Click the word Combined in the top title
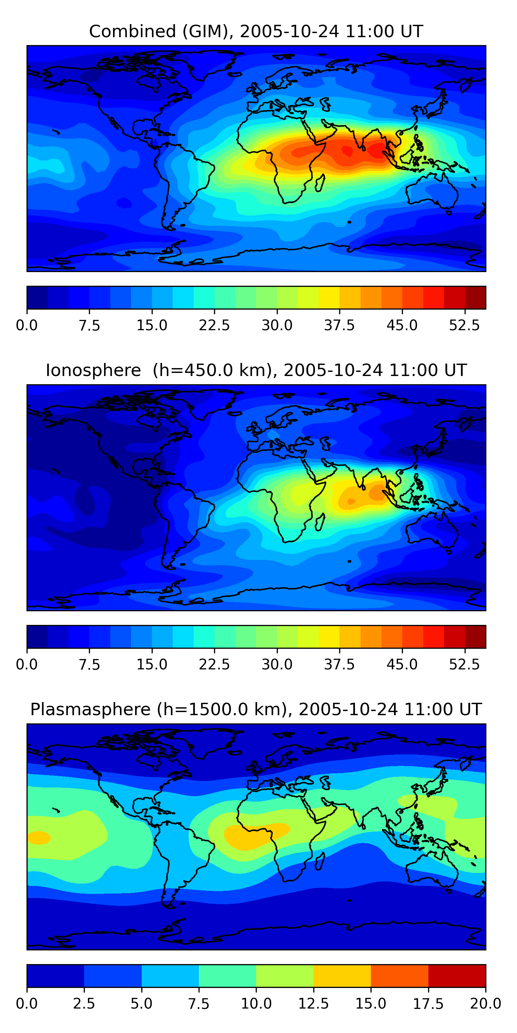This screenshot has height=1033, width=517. pos(132,31)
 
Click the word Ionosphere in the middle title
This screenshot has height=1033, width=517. pos(93,370)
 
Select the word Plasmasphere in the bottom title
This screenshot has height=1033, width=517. pos(90,709)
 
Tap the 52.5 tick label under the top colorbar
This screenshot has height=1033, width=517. pos(464,325)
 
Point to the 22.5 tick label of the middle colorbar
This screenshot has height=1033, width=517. pos(214,665)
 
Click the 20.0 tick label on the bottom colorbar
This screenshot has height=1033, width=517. pos(485,1004)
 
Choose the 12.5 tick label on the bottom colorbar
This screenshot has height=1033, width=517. pos(314,1004)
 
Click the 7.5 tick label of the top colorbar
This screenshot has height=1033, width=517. pos(89,325)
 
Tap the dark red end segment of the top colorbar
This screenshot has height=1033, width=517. pos(475,298)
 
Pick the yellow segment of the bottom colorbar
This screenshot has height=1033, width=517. pos(342,975)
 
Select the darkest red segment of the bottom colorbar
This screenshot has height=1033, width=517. pos(457,975)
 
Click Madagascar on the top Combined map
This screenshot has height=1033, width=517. pos(320,183)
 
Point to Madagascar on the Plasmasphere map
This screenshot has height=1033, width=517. pos(320,861)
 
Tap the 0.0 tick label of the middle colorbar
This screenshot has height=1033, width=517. pos(27,665)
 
